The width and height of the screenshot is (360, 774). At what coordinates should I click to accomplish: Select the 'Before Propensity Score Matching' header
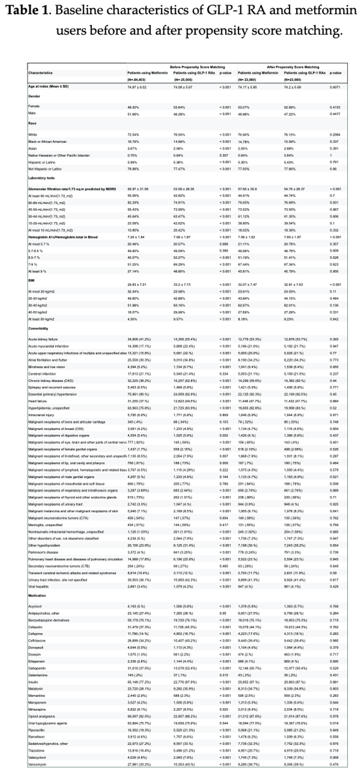[x=197, y=67]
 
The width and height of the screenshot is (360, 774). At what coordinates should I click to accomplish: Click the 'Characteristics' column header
[x=40, y=73]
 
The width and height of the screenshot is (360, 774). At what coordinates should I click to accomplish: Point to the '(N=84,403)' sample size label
[x=137, y=80]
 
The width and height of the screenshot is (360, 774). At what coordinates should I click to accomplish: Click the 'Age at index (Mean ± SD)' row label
[x=48, y=87]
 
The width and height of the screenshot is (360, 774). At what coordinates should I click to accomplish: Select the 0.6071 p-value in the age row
[x=335, y=87]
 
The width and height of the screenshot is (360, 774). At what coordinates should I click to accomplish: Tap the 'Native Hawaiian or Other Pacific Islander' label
[x=59, y=155]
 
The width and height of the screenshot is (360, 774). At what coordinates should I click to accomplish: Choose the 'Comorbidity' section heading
[x=38, y=328]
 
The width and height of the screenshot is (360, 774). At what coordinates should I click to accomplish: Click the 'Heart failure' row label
[x=36, y=401]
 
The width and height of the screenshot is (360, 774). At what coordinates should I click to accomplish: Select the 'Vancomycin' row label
[x=37, y=764]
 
